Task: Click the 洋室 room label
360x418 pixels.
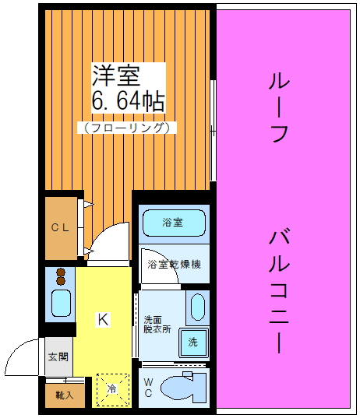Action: (x=118, y=76)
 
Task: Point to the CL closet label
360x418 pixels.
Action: (x=60, y=228)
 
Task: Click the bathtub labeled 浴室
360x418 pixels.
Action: (x=173, y=223)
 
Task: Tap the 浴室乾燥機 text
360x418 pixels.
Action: (x=175, y=264)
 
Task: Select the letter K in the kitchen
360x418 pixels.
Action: (x=102, y=318)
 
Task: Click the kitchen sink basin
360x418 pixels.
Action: (x=60, y=303)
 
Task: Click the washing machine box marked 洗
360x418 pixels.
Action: (x=192, y=342)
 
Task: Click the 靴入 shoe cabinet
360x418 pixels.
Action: (x=63, y=394)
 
